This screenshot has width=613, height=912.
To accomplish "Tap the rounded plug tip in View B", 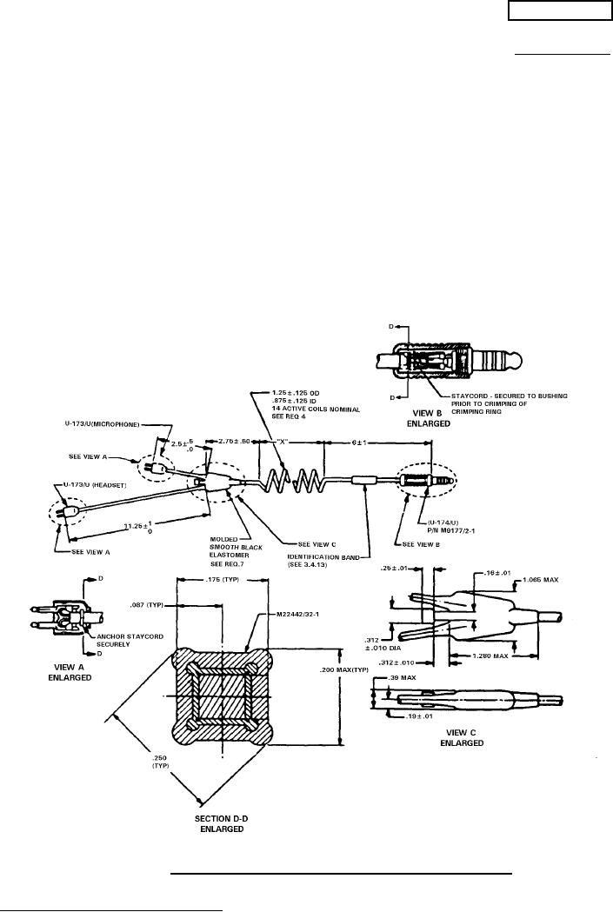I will click(x=519, y=358).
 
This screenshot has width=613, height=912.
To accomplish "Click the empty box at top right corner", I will click(x=558, y=10).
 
